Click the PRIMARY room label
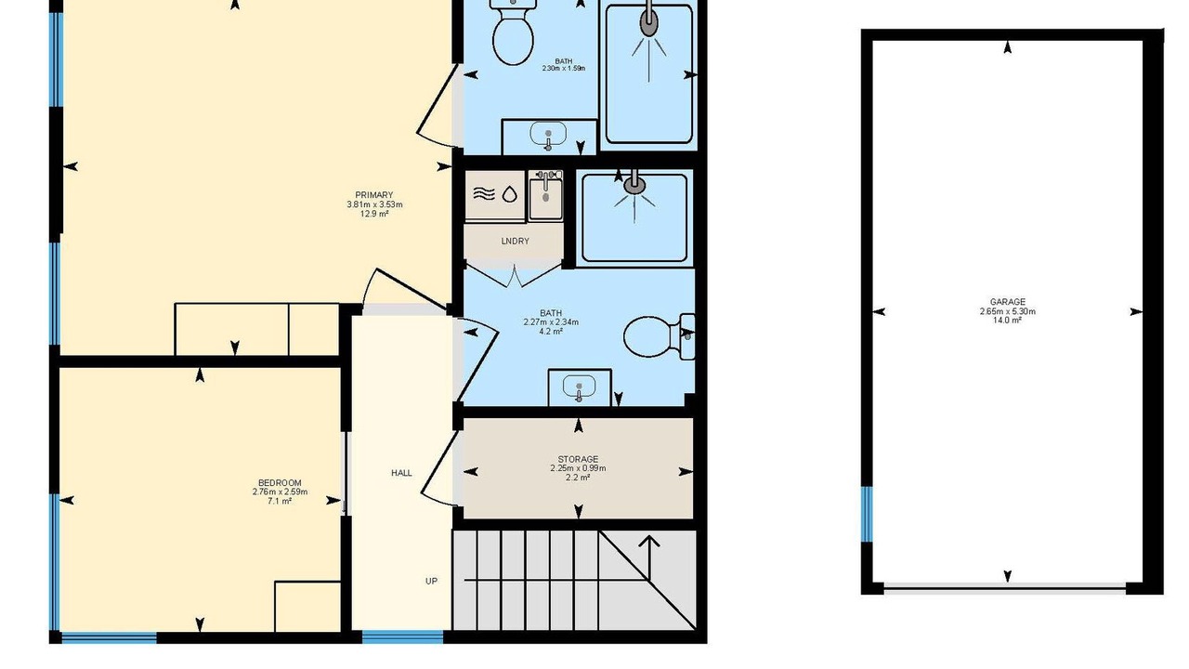coord(373,195)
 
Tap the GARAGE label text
coord(1008,302)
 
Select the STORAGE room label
coord(578,459)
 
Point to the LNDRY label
coord(515,241)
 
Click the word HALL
coord(401,473)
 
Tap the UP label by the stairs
coord(432,581)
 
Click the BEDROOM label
coord(280,482)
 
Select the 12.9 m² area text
coord(374,214)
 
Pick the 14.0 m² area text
coord(1008,321)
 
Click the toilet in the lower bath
coord(659,336)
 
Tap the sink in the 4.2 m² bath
coord(579,387)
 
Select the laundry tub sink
coord(545,195)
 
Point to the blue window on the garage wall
coord(867,514)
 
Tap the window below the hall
coord(402,637)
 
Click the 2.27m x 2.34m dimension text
coord(551,321)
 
